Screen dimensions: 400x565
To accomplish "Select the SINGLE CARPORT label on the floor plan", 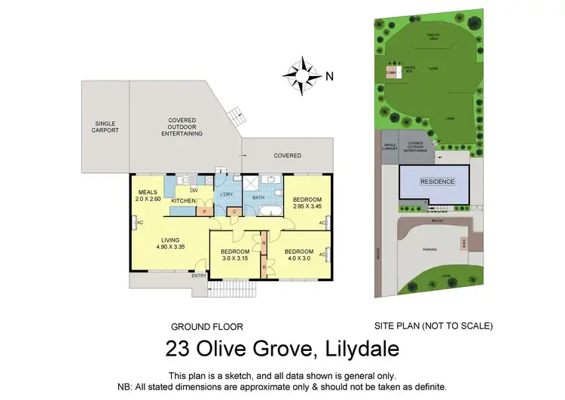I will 105,127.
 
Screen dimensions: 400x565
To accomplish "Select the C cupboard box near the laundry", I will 234,212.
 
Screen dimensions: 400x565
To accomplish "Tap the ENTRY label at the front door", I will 198,276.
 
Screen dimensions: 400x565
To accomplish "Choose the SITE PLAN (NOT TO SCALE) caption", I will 433,326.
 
